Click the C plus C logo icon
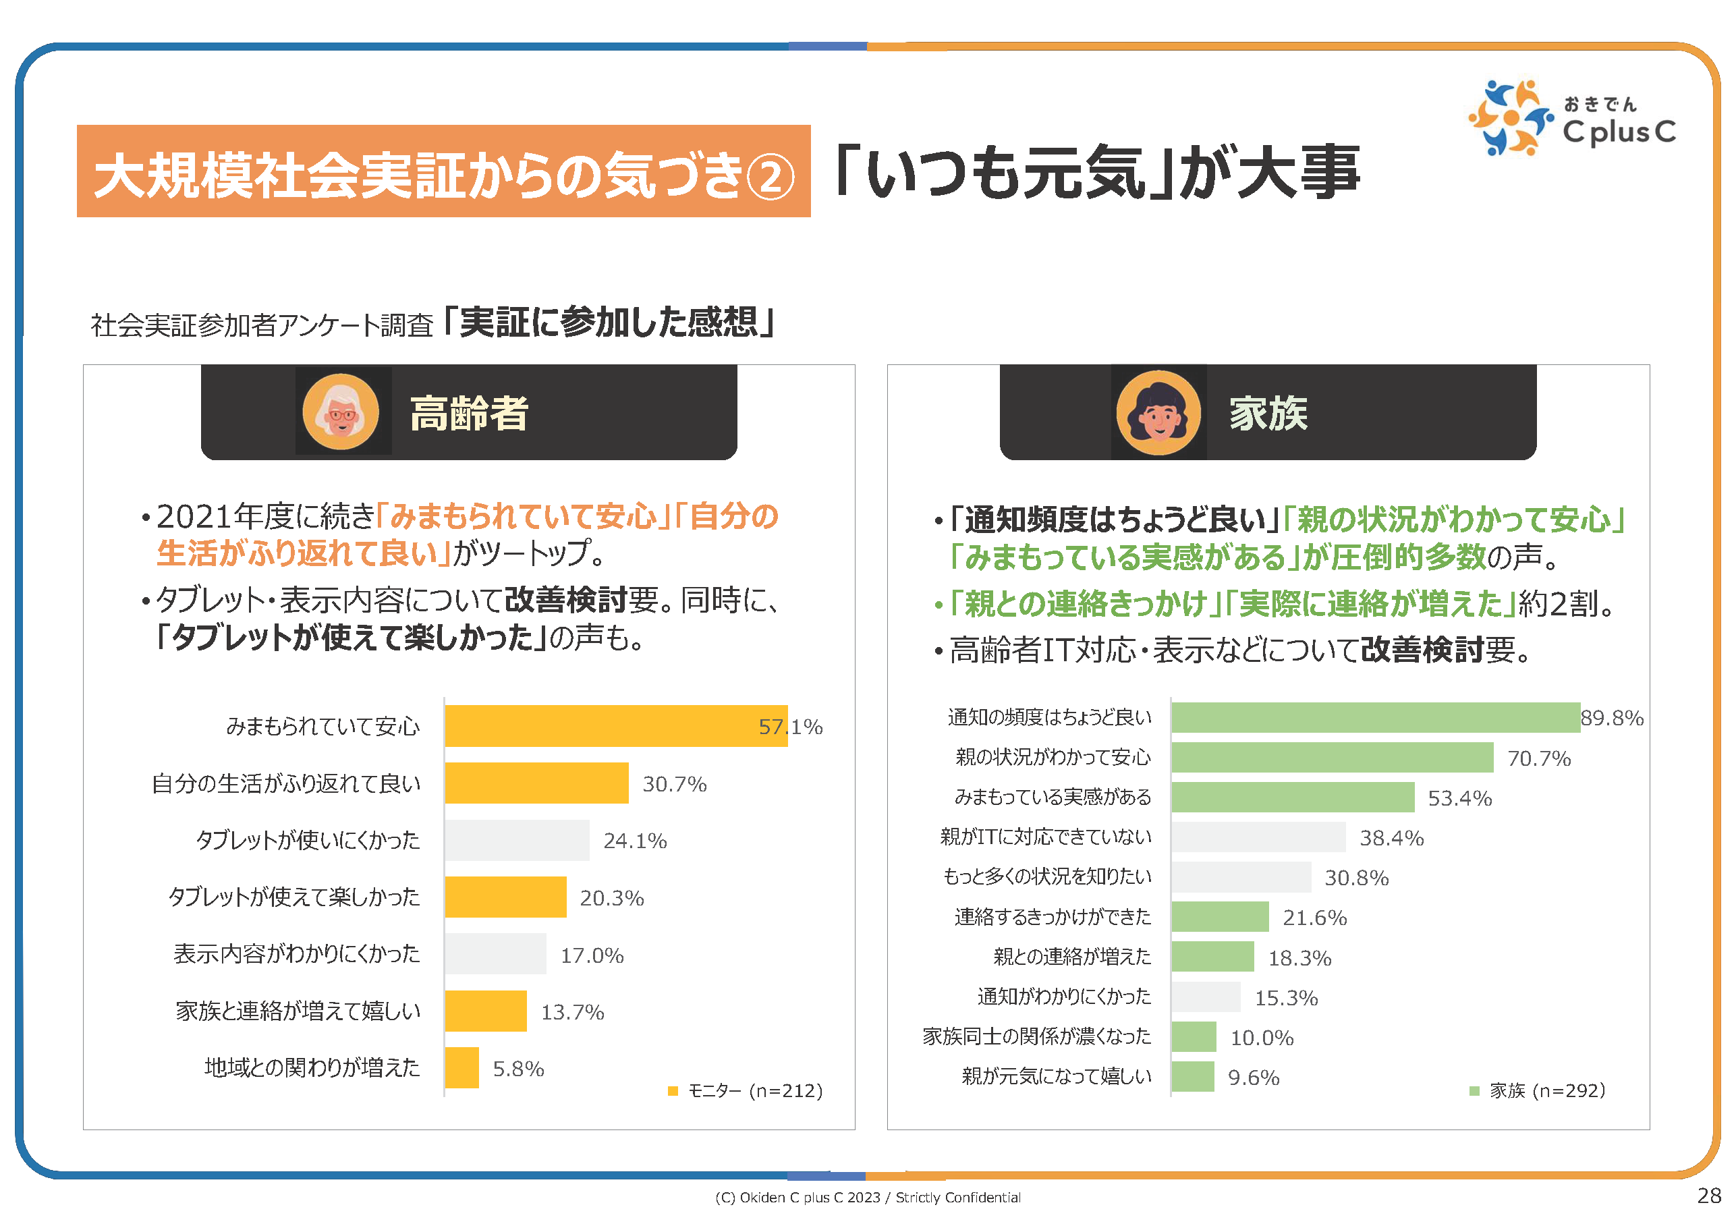click(1509, 118)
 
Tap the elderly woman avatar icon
click(340, 412)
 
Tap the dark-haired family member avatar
click(1158, 412)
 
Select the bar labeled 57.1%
click(615, 726)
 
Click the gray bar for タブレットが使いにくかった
click(516, 840)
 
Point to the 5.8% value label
click(518, 1069)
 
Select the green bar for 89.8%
click(1374, 717)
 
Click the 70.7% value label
click(1539, 758)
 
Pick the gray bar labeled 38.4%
click(1258, 837)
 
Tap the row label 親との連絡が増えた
click(1071, 957)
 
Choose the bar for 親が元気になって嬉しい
click(1192, 1076)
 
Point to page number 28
click(1709, 1196)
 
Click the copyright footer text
click(867, 1197)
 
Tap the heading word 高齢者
click(469, 414)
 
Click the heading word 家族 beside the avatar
click(1268, 414)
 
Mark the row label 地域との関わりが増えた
click(312, 1067)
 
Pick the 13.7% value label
click(572, 1011)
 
